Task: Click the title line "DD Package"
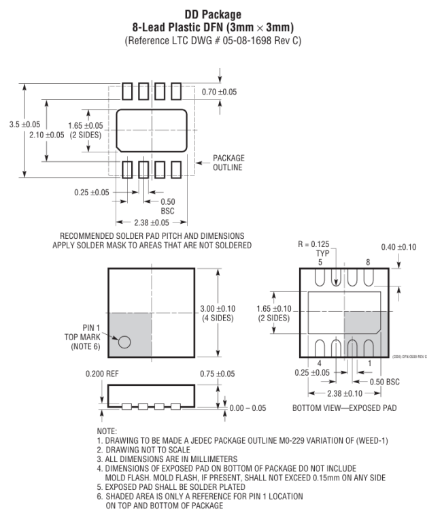220,13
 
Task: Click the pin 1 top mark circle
124,342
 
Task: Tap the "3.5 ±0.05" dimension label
21,125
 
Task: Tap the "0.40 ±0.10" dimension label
400,247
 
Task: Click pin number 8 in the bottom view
368,261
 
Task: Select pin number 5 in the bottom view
320,261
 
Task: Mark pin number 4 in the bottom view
320,363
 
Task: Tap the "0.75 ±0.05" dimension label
218,374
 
